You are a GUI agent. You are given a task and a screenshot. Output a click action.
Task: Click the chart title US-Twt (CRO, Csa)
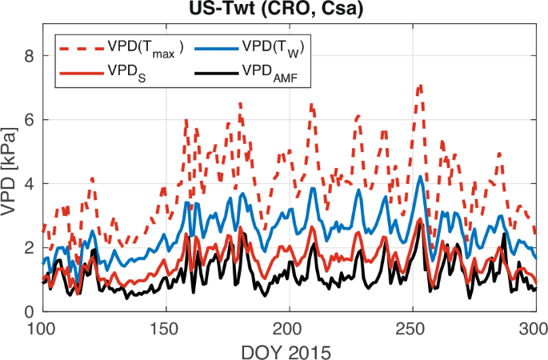click(x=287, y=10)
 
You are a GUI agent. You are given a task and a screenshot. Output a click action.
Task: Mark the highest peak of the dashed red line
click(x=419, y=84)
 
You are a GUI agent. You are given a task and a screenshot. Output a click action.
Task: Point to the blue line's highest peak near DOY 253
click(x=421, y=177)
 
